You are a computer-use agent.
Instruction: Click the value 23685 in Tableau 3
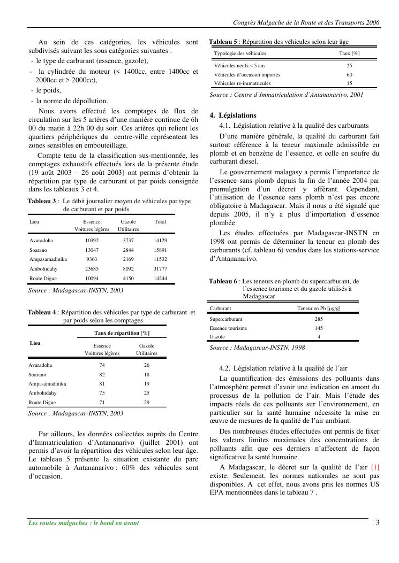(92, 269)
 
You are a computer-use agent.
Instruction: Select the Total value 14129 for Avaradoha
(160, 241)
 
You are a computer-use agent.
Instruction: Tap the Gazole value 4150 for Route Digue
(129, 279)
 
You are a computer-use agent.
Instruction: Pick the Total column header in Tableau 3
(160, 221)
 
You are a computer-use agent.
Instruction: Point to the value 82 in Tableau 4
(102, 374)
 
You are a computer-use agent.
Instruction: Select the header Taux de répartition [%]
(122, 333)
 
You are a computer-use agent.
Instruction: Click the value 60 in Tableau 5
(349, 74)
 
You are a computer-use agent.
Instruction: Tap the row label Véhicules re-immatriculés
(242, 83)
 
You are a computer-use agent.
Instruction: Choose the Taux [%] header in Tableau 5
(349, 53)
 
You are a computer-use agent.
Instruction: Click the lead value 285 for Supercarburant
(319, 319)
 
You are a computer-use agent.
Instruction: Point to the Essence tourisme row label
(228, 328)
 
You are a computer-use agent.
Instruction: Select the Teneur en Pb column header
(319, 309)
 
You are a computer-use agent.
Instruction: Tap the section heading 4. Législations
(233, 115)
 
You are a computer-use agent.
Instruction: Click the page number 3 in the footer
(377, 522)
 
